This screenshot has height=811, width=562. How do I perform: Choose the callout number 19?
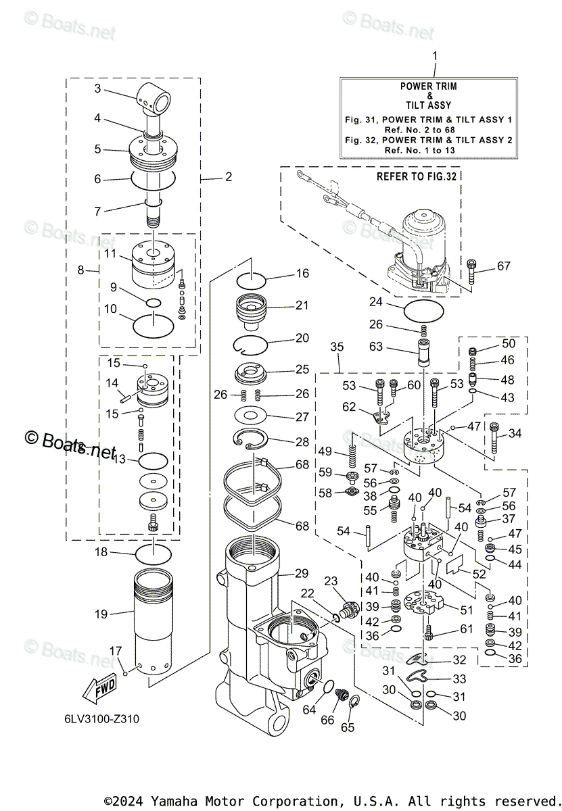pos(101,614)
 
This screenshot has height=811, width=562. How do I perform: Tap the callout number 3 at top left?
pos(97,88)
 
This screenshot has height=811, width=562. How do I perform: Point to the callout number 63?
pos(376,347)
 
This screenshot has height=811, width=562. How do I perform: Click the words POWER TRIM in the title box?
pos(428,87)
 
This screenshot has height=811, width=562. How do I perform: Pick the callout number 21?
pos(302,305)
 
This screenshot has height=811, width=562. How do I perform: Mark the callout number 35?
pos(337,347)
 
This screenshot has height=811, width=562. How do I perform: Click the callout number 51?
pos(467,610)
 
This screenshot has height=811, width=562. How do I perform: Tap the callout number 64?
pos(309,710)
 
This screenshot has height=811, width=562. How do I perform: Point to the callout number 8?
pos(82,270)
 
